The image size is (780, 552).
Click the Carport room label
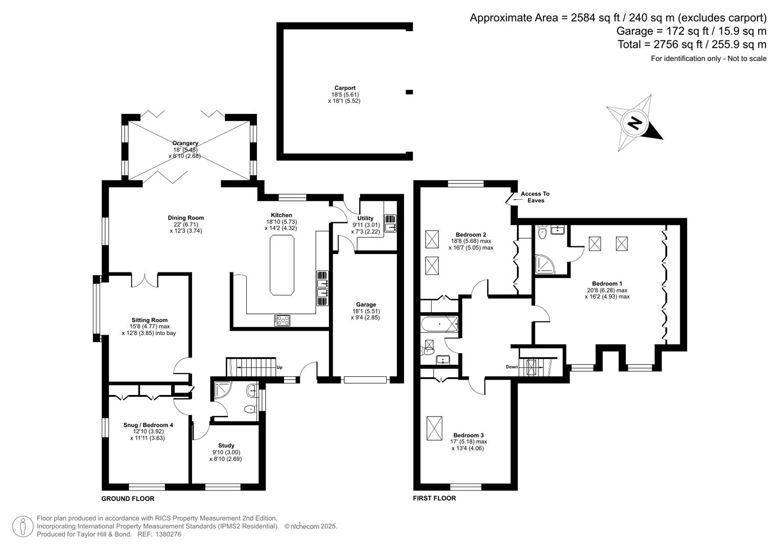[345, 88]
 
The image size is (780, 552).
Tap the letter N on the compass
[634, 123]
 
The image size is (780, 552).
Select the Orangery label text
[185, 143]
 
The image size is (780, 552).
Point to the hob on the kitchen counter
[282, 320]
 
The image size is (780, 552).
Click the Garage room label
[366, 305]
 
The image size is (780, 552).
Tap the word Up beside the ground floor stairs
[279, 367]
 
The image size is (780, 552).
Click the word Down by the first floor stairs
[511, 367]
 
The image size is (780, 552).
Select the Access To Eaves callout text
[535, 197]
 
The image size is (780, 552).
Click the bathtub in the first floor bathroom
[440, 324]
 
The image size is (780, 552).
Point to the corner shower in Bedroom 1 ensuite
[545, 264]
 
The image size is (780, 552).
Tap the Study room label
[226, 445]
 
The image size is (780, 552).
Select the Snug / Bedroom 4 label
[148, 425]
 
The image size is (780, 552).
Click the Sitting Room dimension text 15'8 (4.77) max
[149, 327]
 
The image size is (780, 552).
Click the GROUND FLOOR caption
[128, 498]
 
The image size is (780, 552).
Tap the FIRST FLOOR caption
[434, 498]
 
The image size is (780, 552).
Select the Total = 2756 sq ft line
[692, 44]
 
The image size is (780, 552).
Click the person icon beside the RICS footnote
[23, 526]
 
